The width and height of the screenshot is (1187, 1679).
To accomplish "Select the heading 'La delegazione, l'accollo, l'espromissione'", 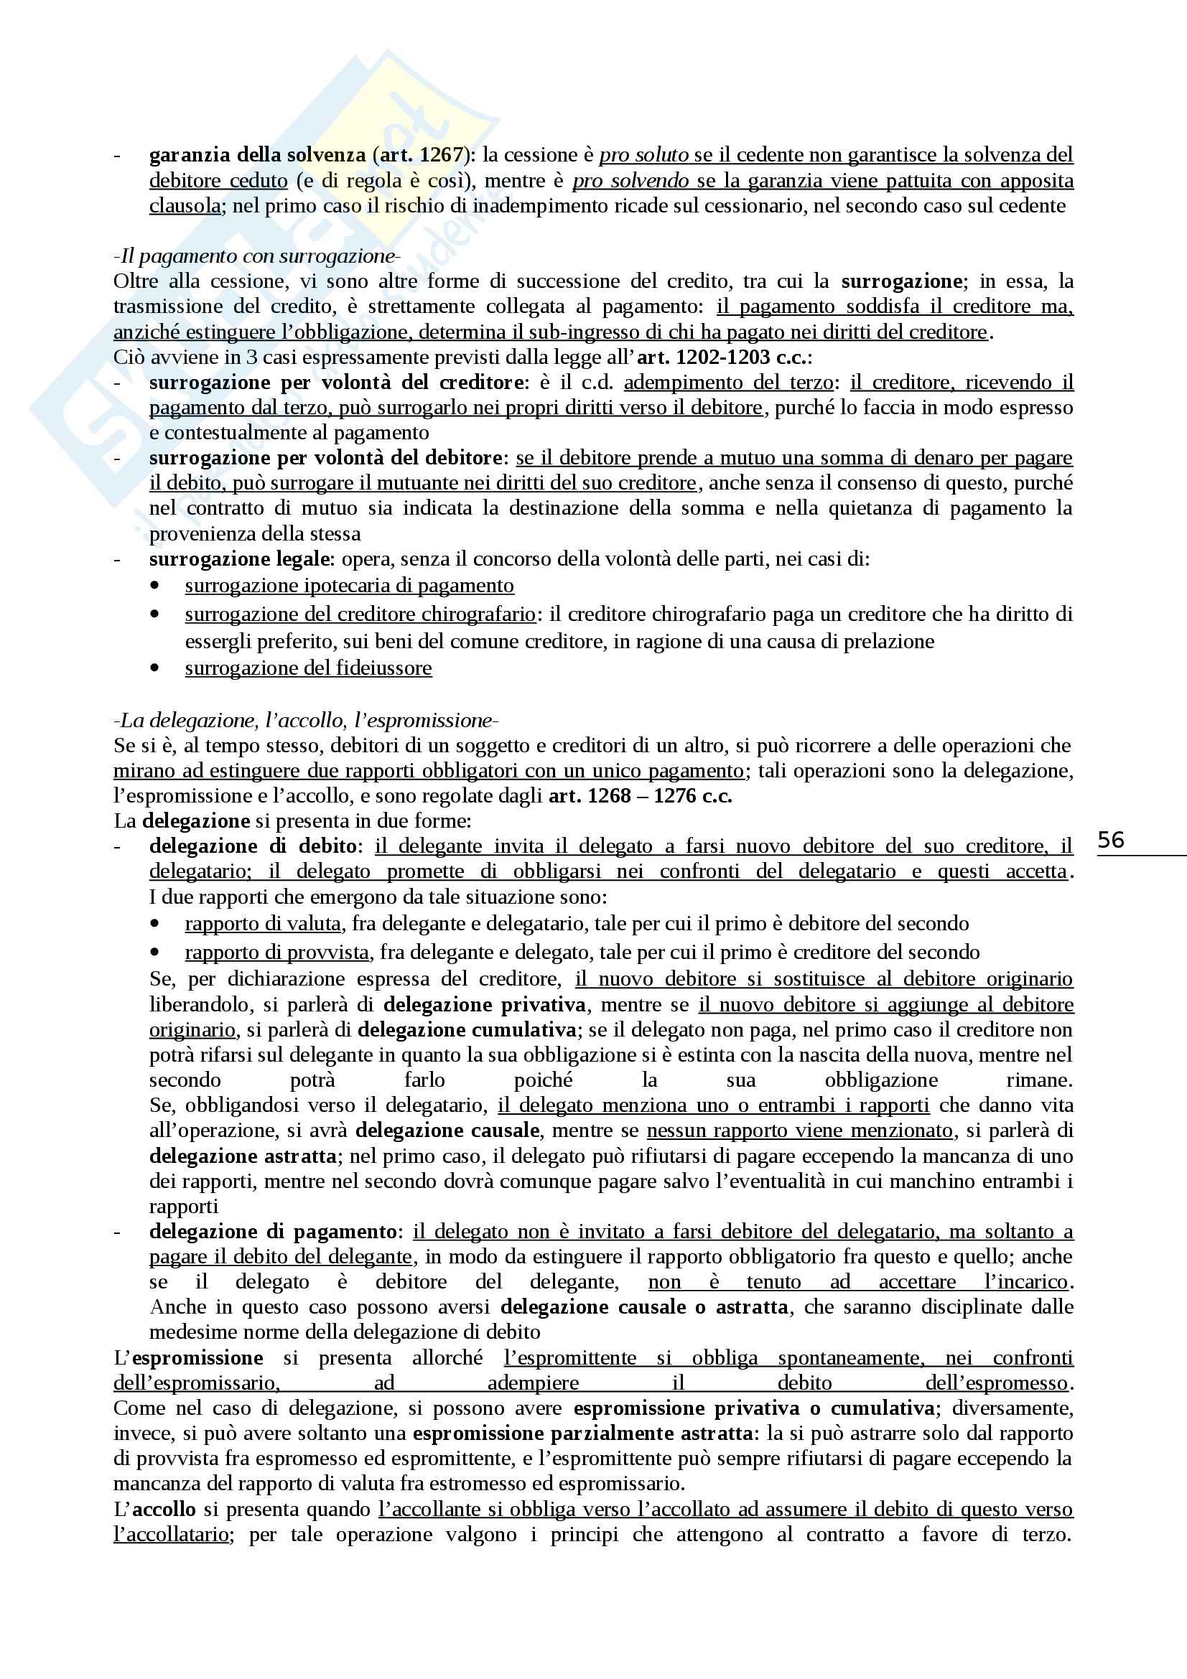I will click(x=306, y=720).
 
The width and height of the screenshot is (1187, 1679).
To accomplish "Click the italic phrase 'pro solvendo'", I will click(x=630, y=181).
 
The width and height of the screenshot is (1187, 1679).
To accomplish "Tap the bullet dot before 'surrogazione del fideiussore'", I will click(x=154, y=668).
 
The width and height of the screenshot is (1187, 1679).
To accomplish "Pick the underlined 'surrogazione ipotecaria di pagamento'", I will click(x=349, y=586).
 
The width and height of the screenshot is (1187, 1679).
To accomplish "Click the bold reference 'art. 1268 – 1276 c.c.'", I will click(x=640, y=795).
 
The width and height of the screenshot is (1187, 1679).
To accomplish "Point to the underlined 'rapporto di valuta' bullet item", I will click(x=263, y=924).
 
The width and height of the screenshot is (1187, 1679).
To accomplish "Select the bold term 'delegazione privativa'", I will click(x=484, y=1005).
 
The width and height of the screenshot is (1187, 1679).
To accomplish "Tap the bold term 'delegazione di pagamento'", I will click(x=272, y=1232).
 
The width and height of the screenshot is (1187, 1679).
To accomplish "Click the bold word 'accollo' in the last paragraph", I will click(x=164, y=1509).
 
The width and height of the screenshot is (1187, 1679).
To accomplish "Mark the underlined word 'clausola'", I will click(x=185, y=205).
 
